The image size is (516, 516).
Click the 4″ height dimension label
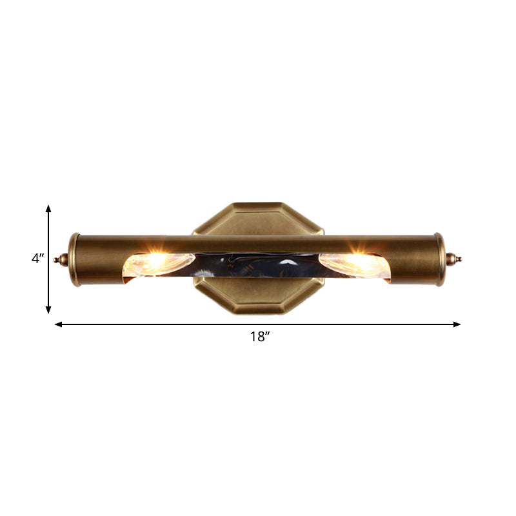[x=37, y=259]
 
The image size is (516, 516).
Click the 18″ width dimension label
[x=259, y=336]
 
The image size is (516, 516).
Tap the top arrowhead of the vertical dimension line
[x=48, y=208]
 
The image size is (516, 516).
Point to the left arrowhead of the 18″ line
[x=58, y=324]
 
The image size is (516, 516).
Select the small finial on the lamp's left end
[x=62, y=259]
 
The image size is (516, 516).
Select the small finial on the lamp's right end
[x=455, y=259]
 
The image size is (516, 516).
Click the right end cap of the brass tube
[x=441, y=259]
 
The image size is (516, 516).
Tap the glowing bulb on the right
[x=352, y=263]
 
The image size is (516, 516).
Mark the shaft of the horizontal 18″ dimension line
[x=161, y=324]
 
